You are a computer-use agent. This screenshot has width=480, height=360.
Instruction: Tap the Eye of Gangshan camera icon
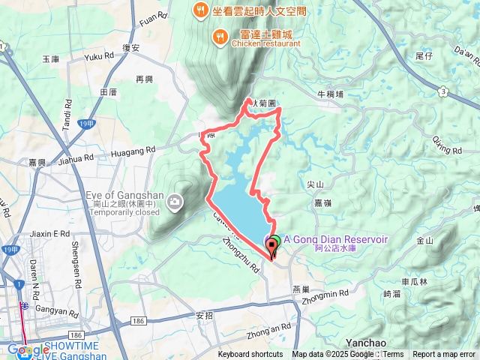pyautogui.click(x=175, y=201)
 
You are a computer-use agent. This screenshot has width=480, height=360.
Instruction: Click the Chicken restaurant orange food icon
pyautogui.click(x=219, y=35)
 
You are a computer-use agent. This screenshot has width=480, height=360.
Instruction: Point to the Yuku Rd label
pyautogui.click(x=98, y=56)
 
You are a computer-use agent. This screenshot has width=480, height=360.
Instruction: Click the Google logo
pyautogui.click(x=29, y=349)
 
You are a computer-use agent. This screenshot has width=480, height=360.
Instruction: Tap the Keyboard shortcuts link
pyautogui.click(x=250, y=355)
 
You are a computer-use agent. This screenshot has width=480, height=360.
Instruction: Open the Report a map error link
pyautogui.click(x=444, y=355)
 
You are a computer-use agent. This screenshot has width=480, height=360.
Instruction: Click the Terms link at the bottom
pyautogui.click(x=394, y=355)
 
